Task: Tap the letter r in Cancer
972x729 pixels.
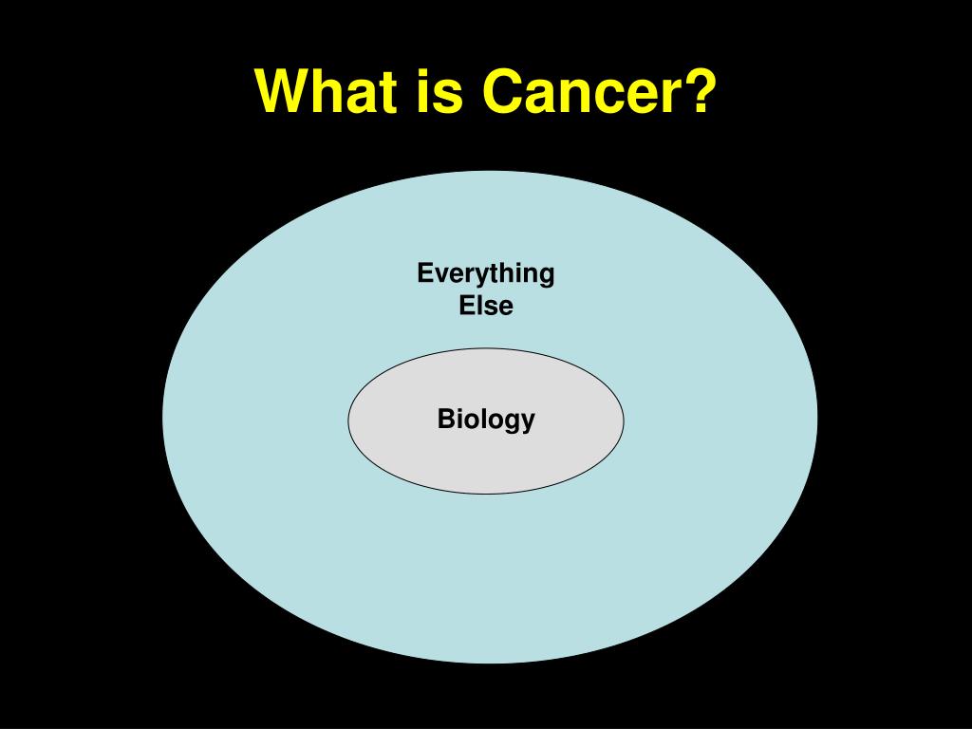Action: pos(676,96)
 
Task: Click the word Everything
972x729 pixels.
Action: pos(485,274)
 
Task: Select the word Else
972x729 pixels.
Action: pos(486,306)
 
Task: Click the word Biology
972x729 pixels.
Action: pos(486,420)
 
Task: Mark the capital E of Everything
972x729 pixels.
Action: pos(425,272)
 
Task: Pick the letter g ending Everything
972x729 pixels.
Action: pos(547,277)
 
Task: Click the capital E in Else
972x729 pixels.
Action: pos(467,306)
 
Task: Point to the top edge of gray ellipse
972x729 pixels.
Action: pos(486,348)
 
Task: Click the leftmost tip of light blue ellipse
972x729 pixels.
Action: pos(163,417)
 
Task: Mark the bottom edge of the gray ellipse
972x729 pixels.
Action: pos(486,494)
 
